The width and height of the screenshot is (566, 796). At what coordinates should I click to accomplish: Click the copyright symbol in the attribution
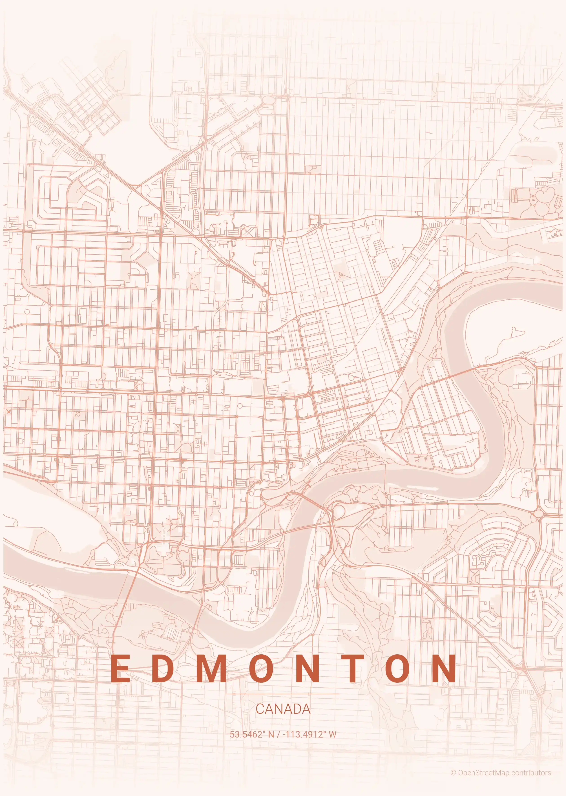453,770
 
